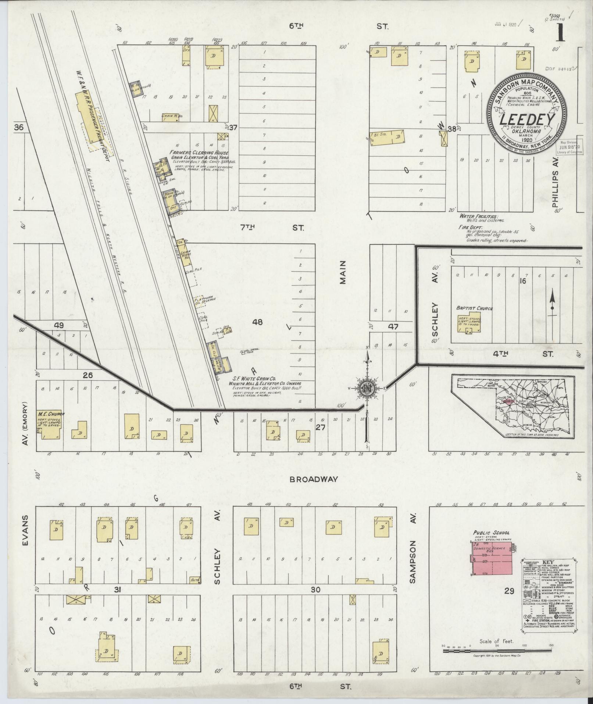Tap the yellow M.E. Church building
click(x=51, y=425)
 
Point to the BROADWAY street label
click(x=313, y=479)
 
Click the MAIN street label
click(x=343, y=272)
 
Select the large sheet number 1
click(x=560, y=34)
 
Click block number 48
click(x=257, y=322)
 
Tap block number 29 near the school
click(x=509, y=602)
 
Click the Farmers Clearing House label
click(x=199, y=153)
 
